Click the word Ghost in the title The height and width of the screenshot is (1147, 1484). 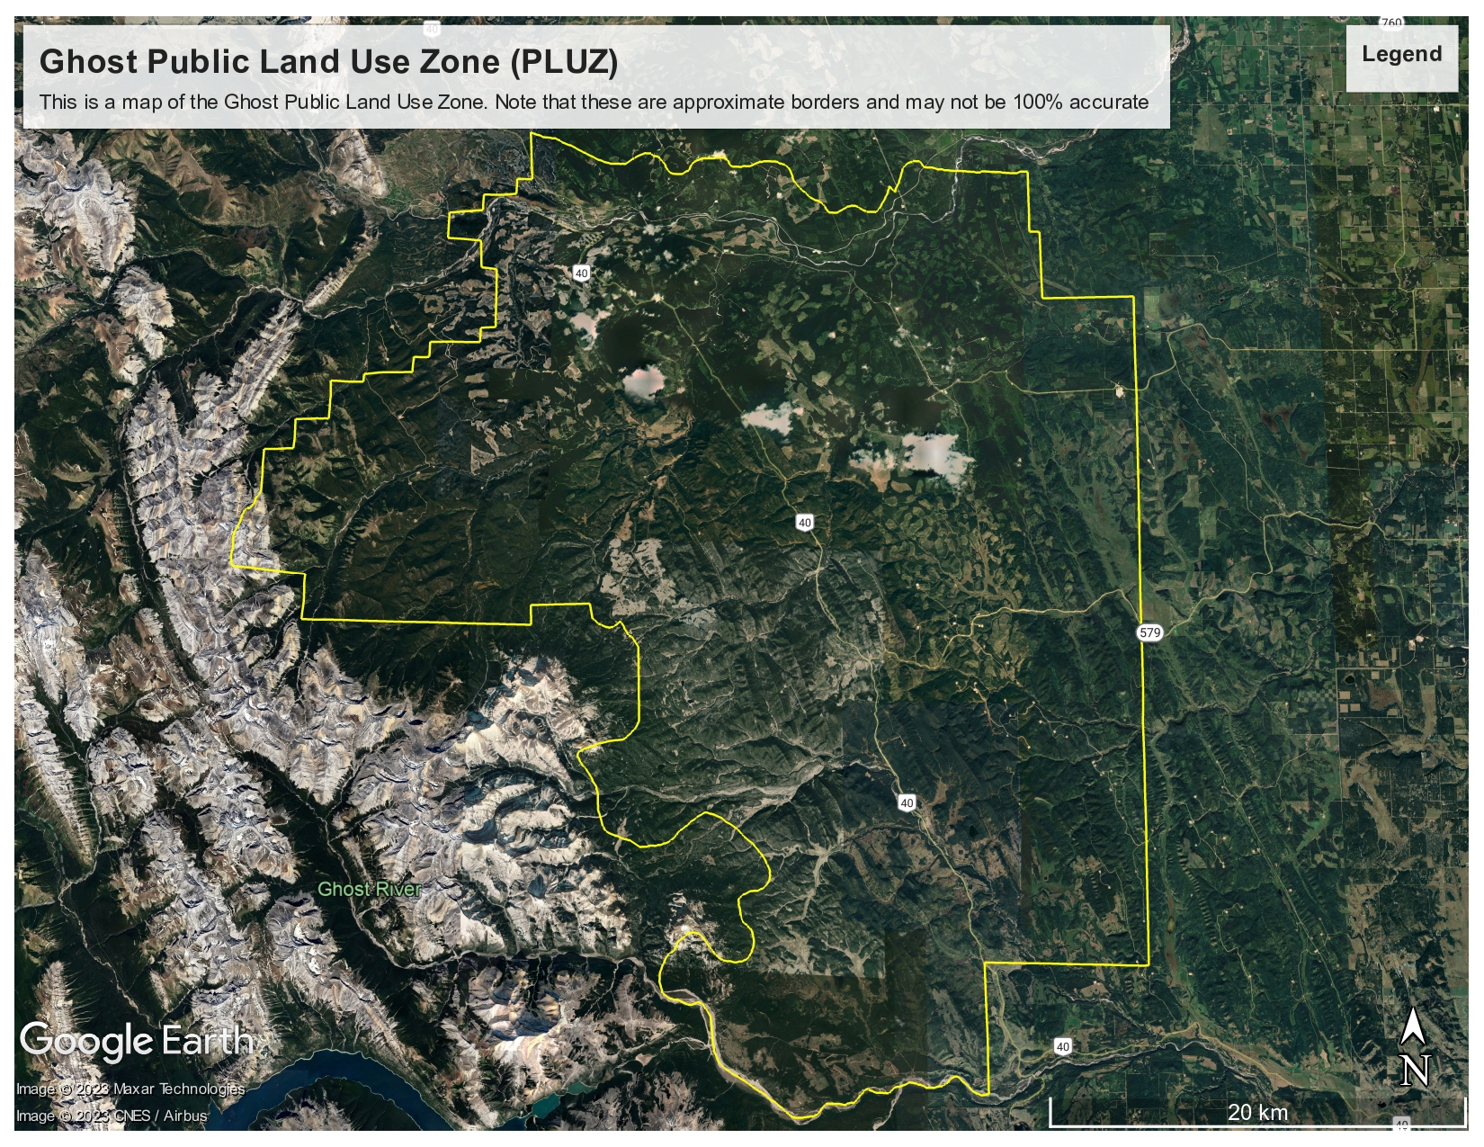tap(87, 62)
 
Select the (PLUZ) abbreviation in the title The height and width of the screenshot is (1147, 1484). tap(564, 62)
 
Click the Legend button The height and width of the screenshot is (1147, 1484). tap(1401, 55)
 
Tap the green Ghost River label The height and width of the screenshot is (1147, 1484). tap(369, 890)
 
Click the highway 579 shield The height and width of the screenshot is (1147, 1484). tap(1149, 632)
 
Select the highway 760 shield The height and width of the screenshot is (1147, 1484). tap(1390, 22)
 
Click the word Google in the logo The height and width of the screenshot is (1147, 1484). tap(86, 1042)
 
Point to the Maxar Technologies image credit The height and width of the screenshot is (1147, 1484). tap(130, 1089)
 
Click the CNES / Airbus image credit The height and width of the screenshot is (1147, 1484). tap(112, 1116)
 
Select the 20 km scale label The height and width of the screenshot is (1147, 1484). tap(1257, 1113)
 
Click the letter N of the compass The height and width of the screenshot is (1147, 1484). tap(1415, 1071)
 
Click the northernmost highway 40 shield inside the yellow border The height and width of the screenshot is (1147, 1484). tap(581, 273)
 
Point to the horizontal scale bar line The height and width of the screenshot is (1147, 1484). tap(1259, 1125)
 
